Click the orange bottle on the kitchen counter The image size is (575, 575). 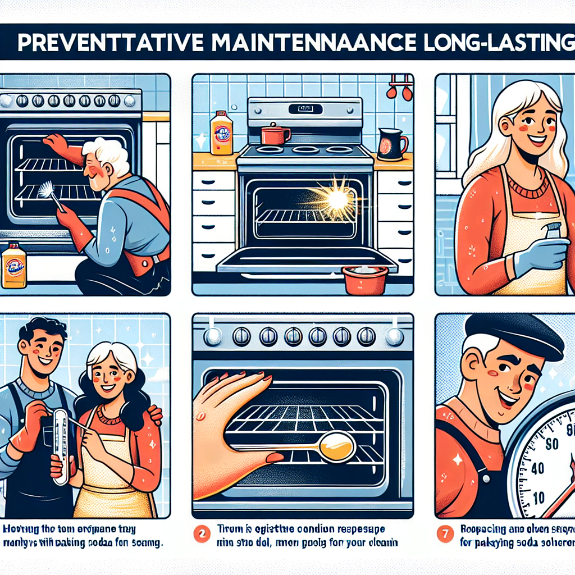(x=221, y=133)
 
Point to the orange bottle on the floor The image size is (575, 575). (x=14, y=266)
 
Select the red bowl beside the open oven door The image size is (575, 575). (x=365, y=279)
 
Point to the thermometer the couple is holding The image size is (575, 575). (x=62, y=438)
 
